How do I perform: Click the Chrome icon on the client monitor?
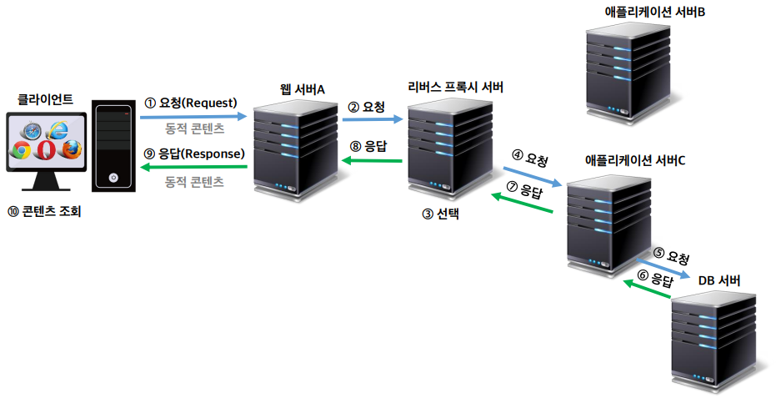[22, 151]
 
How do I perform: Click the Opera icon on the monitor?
[47, 151]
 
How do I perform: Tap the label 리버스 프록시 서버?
[455, 87]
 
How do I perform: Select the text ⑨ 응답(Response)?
[194, 154]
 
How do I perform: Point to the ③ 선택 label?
[441, 214]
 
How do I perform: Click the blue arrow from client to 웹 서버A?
[193, 118]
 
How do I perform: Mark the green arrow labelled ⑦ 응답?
[522, 203]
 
